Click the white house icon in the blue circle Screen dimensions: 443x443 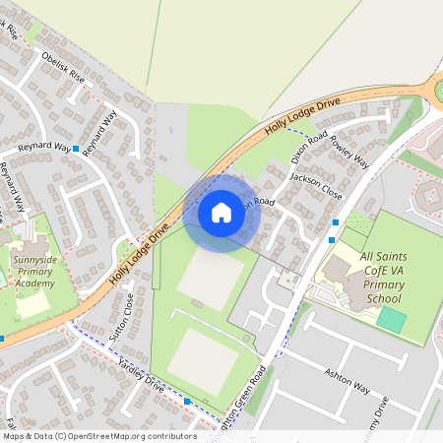(221, 212)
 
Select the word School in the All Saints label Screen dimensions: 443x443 (382, 299)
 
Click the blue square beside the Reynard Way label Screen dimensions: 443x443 (76, 147)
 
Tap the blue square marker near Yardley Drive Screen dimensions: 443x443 (188, 402)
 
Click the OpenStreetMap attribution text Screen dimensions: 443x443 (98, 436)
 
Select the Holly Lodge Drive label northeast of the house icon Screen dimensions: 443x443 (302, 116)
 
